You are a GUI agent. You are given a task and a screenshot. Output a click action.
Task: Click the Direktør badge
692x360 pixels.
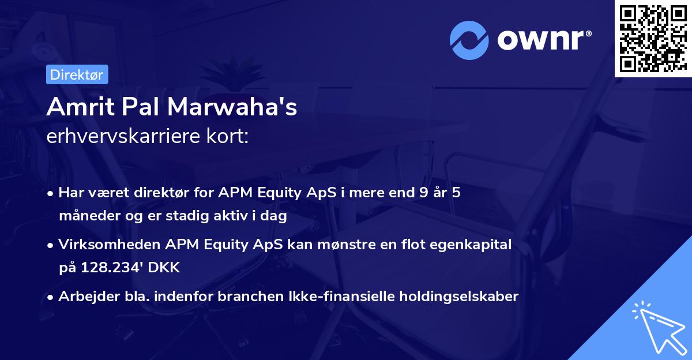pyautogui.click(x=77, y=74)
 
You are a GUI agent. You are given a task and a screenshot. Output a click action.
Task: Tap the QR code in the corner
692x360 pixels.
pyautogui.click(x=653, y=39)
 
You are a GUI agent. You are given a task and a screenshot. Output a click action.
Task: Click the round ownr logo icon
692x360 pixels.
pyautogui.click(x=469, y=40)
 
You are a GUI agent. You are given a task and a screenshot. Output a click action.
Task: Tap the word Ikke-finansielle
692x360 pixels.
pyautogui.click(x=335, y=297)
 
